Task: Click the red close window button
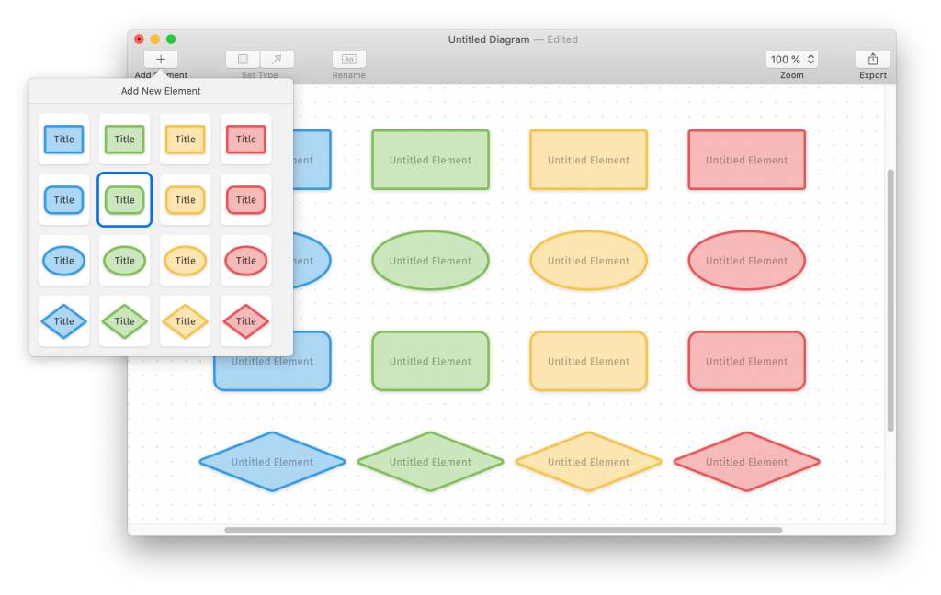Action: pos(139,39)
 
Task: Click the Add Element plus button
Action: pos(161,59)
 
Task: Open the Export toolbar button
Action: pos(872,59)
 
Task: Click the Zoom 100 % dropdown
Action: pos(791,59)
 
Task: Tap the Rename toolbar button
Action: pos(348,59)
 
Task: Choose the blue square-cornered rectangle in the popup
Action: pos(63,140)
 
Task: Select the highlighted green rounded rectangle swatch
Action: pos(124,200)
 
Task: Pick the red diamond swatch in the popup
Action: pos(245,321)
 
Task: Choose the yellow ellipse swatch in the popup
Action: pos(185,261)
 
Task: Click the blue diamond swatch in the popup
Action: pos(63,321)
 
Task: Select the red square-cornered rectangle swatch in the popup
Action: pos(245,140)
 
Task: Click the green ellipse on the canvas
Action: pos(430,261)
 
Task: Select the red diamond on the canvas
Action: pos(746,462)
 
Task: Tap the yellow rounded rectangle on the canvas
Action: pos(588,361)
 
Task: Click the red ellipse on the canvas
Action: pos(746,261)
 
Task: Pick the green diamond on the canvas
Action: pos(430,462)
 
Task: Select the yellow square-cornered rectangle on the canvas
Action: pos(588,160)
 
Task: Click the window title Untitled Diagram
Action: pos(489,39)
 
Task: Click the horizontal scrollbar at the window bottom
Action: pos(503,530)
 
